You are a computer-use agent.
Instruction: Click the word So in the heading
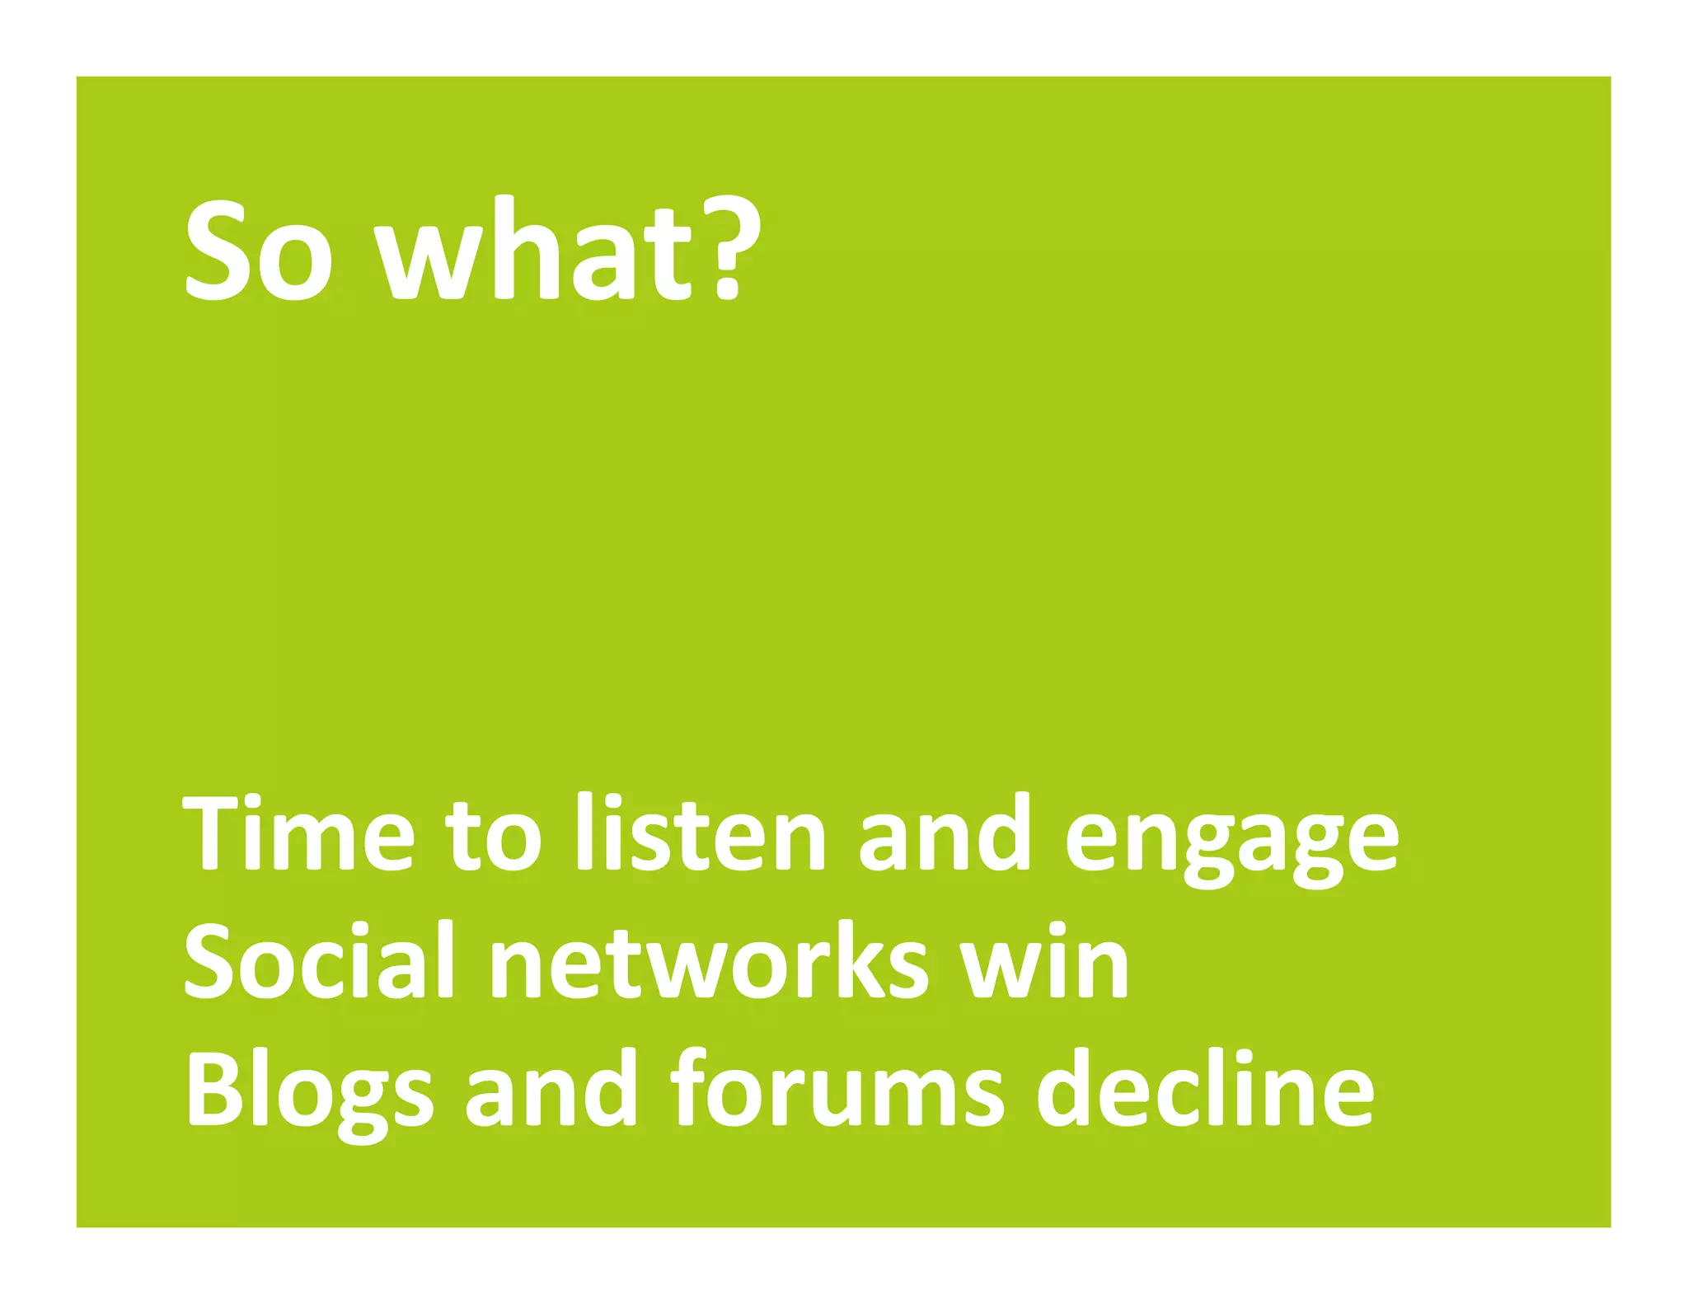(x=259, y=251)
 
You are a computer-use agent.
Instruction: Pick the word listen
(x=701, y=834)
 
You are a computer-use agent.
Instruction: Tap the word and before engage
(x=945, y=834)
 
